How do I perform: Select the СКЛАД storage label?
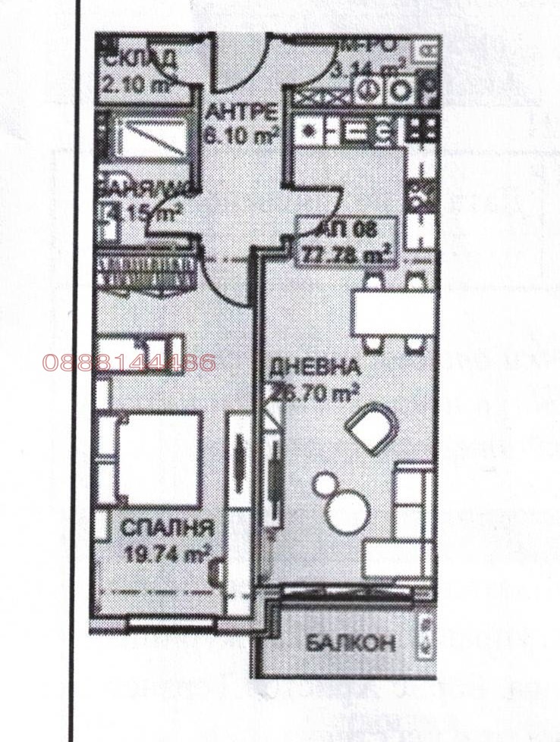point(140,58)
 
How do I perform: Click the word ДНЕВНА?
point(314,368)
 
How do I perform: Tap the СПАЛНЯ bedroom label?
point(168,528)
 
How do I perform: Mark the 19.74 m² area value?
point(168,552)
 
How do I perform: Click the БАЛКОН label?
point(351,643)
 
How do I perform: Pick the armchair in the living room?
point(372,428)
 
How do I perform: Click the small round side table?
point(324,482)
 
